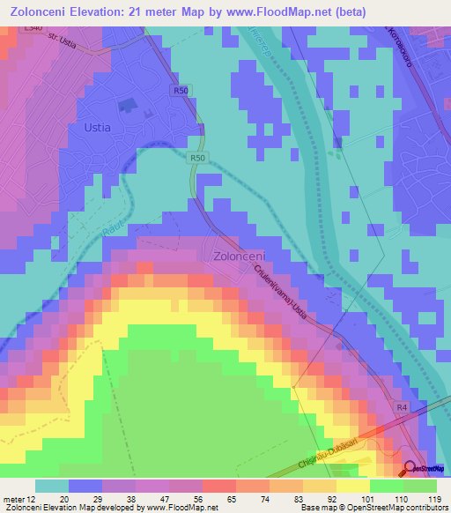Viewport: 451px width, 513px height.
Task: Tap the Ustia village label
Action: [x=97, y=127]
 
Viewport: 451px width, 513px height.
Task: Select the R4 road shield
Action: [x=401, y=407]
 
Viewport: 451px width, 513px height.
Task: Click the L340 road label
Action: [x=33, y=29]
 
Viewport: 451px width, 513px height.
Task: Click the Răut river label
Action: [x=113, y=228]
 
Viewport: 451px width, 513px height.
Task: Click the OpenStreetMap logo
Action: [x=426, y=467]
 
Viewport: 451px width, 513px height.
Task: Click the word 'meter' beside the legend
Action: [x=12, y=500]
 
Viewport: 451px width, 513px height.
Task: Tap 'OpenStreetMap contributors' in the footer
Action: [x=398, y=509]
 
